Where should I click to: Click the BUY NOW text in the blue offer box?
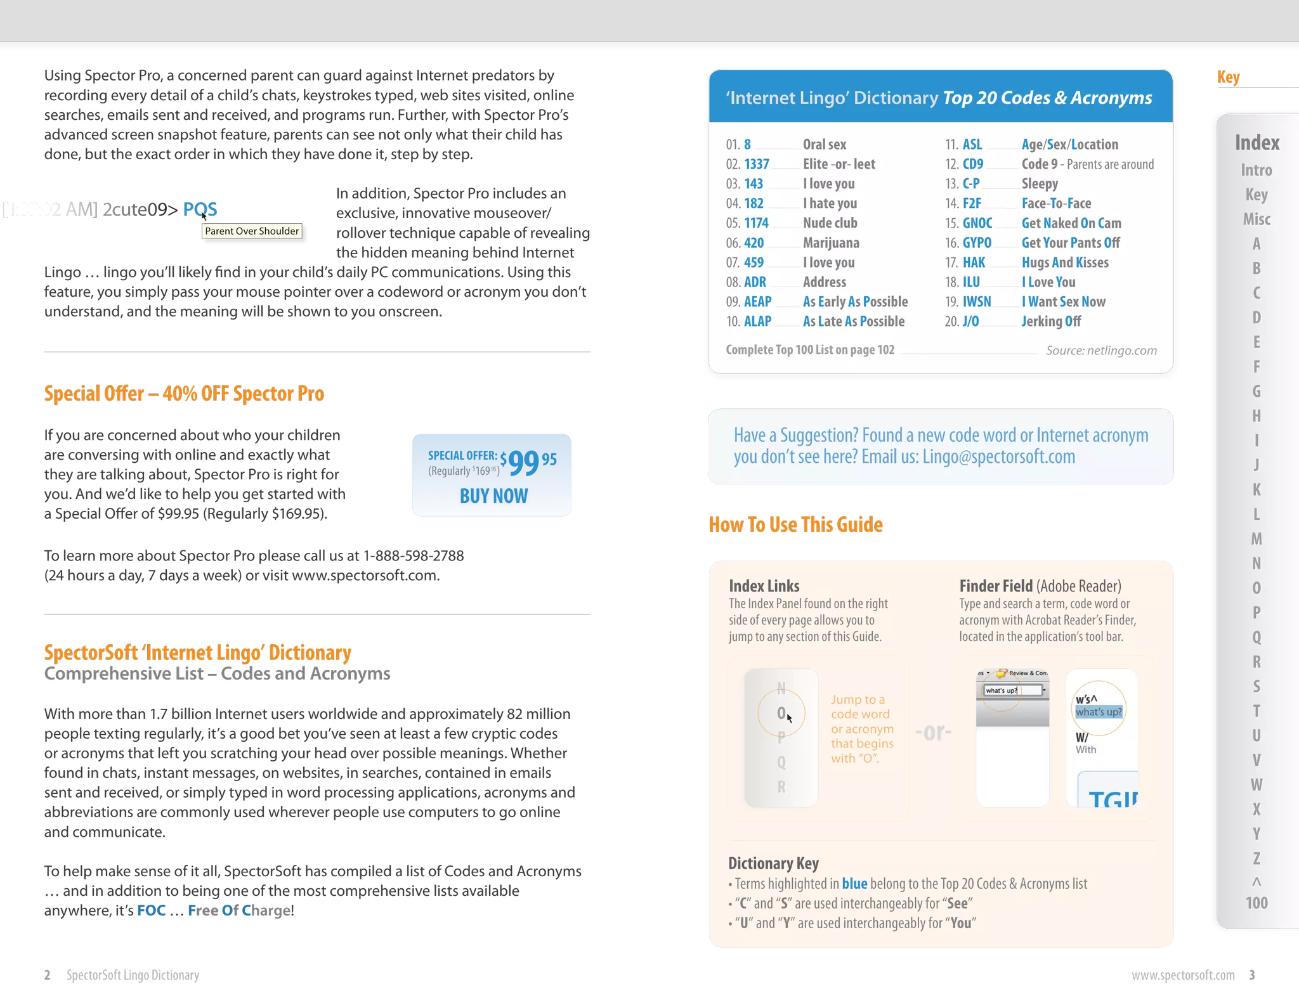coord(493,496)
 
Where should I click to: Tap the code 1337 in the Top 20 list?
coord(756,164)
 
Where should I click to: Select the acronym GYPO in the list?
coord(977,243)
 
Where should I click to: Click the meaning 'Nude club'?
coord(830,223)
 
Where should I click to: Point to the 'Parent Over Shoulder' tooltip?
coord(252,231)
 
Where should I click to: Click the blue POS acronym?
coord(200,209)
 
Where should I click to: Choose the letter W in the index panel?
coord(1257,785)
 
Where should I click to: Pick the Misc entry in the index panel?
coord(1257,219)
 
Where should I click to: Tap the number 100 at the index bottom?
coord(1257,903)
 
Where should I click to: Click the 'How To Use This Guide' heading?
coord(795,524)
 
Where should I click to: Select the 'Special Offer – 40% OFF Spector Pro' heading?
coord(184,394)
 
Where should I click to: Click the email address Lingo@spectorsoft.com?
coord(998,456)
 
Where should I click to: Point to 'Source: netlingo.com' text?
coord(1101,351)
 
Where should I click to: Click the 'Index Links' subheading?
coord(764,586)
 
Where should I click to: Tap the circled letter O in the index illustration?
coord(781,713)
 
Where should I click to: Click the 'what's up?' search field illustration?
coord(1012,690)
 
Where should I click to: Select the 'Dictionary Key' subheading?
coord(773,864)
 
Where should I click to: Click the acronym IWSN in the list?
coord(977,302)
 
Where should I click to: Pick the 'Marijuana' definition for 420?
coord(831,243)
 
